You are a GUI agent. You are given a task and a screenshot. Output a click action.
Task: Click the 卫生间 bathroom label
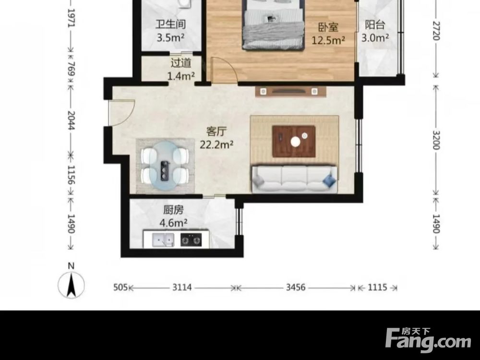(170, 24)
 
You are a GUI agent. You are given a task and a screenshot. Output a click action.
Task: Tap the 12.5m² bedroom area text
(328, 40)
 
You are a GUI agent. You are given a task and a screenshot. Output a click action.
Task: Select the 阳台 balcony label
(375, 25)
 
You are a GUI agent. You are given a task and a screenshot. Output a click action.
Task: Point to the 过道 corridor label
(181, 63)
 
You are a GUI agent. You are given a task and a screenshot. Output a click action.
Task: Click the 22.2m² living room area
(216, 144)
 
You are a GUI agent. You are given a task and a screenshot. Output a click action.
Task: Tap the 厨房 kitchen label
(173, 210)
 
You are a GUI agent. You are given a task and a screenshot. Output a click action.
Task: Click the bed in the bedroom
(273, 25)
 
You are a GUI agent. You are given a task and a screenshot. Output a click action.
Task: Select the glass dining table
(165, 166)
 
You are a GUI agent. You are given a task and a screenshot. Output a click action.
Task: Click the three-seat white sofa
(294, 179)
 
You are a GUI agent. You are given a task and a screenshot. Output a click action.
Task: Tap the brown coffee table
(294, 142)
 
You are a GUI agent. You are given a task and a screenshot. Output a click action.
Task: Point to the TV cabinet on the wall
(290, 92)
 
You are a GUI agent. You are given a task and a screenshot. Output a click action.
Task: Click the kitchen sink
(163, 240)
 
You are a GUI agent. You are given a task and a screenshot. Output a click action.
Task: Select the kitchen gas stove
(191, 240)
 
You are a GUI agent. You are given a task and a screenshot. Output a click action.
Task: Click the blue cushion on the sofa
(329, 180)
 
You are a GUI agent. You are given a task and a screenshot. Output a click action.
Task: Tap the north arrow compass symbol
(72, 285)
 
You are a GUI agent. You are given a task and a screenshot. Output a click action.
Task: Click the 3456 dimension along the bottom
(296, 287)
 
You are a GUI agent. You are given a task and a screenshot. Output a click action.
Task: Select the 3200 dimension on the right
(436, 140)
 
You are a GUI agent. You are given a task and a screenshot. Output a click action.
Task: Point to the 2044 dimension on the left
(71, 120)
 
